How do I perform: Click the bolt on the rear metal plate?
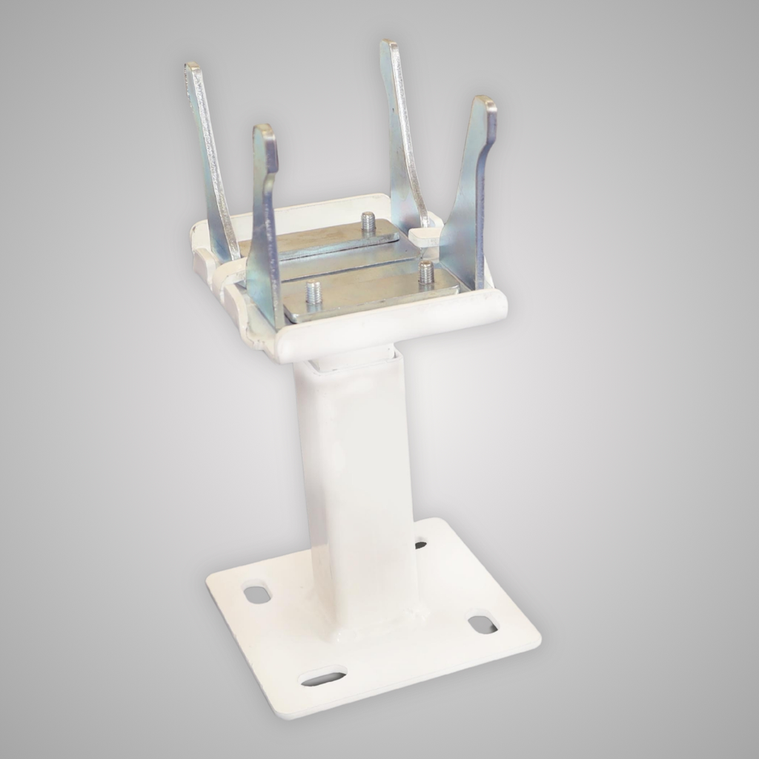(368, 222)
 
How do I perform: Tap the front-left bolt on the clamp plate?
(314, 292)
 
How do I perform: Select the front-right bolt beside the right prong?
(426, 272)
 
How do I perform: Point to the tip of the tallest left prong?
(193, 68)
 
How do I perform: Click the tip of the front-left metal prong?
(265, 131)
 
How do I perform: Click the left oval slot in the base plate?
(257, 594)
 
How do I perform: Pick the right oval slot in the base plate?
(483, 624)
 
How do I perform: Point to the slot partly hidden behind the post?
(420, 545)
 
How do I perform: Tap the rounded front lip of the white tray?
(393, 326)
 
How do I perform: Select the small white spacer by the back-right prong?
(425, 236)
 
